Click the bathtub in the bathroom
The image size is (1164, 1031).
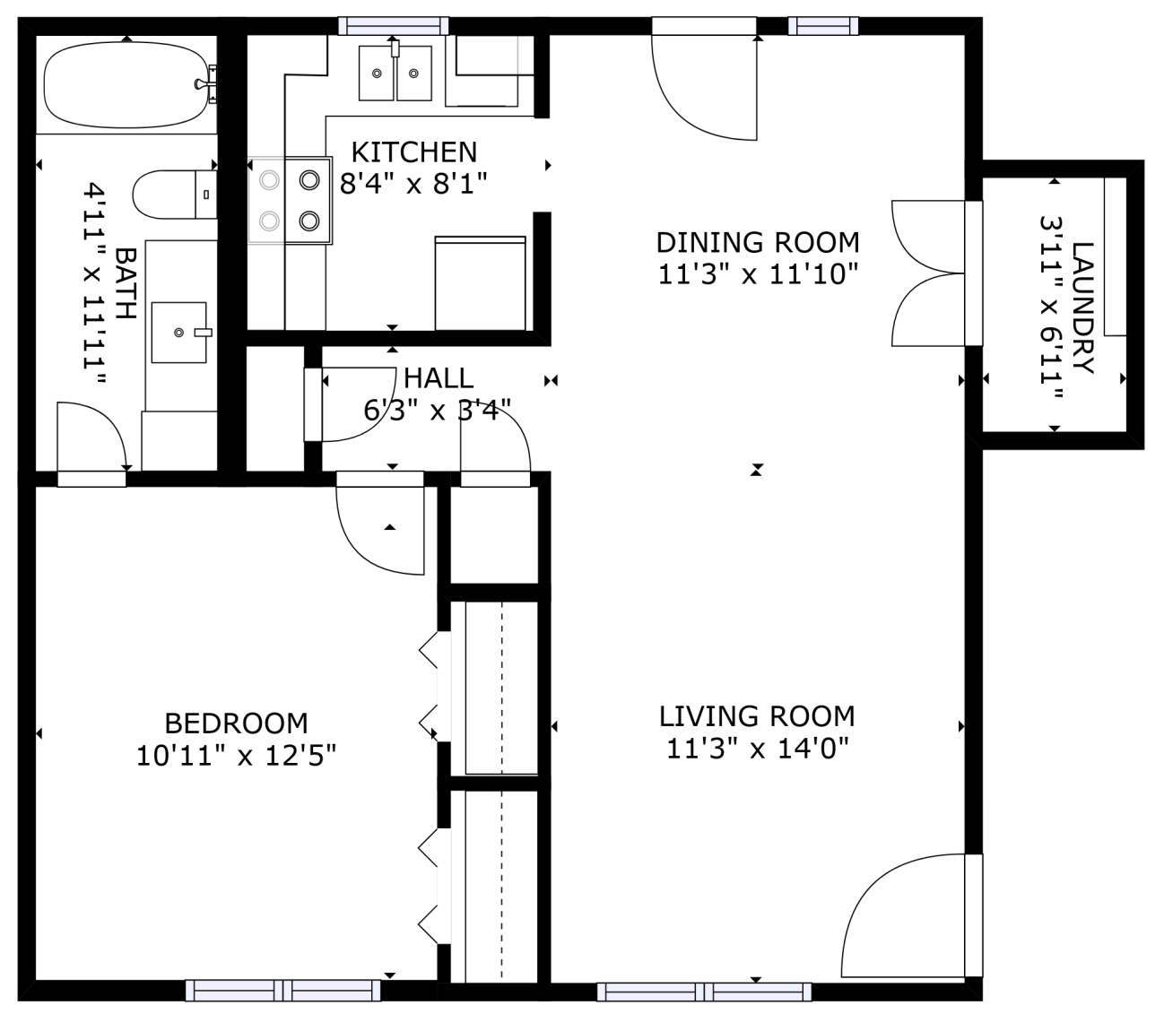coord(128,85)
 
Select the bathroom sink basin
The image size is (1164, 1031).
coord(179,333)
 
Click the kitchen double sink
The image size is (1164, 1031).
coord(395,73)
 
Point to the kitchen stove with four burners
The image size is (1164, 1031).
coord(290,201)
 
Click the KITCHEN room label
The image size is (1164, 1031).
coord(413,152)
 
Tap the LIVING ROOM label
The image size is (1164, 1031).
coord(757,716)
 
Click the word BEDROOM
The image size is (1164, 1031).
coord(236,723)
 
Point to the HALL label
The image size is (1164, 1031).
coord(438,377)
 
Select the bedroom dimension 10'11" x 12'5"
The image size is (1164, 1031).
coord(236,756)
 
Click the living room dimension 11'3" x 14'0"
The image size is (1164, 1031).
coord(757,748)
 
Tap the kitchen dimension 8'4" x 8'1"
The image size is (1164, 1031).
coord(413,184)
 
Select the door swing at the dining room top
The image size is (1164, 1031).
coord(706,85)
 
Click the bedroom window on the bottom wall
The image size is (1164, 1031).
coord(283,990)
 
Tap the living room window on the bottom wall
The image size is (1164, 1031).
coord(704,992)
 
